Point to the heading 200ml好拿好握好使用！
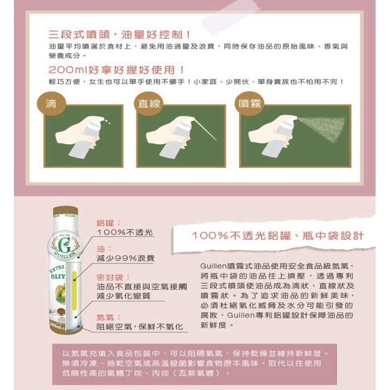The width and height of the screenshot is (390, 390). (x=117, y=70)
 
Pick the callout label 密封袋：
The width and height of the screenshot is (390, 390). (x=113, y=276)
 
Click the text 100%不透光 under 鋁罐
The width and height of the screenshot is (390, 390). (x=125, y=232)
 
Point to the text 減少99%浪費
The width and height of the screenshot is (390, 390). (x=126, y=259)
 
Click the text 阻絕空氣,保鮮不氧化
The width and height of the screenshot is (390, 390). (x=139, y=327)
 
